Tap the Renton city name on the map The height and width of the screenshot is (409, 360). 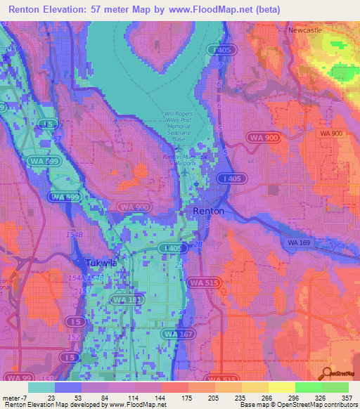coord(209,211)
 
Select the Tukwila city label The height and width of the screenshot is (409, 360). coord(101,263)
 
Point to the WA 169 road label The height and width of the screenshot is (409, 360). coord(299,242)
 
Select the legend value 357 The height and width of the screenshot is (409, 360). coord(347,397)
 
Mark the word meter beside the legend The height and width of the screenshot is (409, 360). coord(11,397)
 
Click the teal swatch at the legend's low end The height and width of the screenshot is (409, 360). coord(41,387)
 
